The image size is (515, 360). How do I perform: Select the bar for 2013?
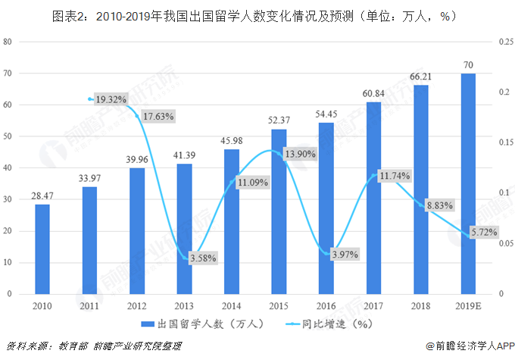[184, 228]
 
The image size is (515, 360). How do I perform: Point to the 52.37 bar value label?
[279, 121]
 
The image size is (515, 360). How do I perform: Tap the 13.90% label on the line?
[300, 154]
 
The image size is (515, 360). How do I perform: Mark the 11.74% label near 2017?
[394, 176]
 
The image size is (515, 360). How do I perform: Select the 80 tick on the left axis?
[8, 42]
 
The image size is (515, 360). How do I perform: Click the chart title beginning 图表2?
[257, 14]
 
